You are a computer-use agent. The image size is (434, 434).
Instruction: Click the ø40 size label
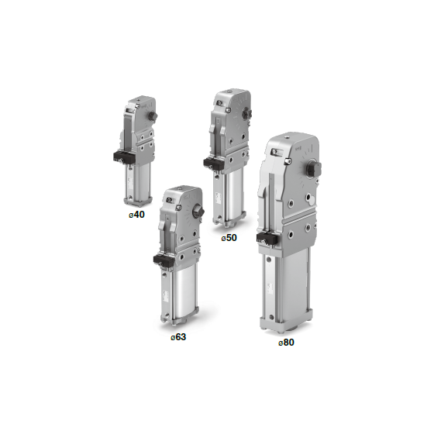[x=136, y=215]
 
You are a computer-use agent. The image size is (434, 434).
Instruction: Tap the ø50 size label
[x=229, y=238]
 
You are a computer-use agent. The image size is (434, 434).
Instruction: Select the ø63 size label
[x=178, y=337]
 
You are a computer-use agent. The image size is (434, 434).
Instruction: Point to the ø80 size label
[x=286, y=343]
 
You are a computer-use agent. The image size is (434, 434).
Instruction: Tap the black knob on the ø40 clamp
[x=153, y=115]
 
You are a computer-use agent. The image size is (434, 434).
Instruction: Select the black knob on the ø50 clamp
[x=247, y=113]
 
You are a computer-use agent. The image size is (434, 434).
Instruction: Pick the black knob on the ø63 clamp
[x=200, y=212]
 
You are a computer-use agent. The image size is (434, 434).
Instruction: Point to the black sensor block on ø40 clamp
[x=124, y=157]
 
